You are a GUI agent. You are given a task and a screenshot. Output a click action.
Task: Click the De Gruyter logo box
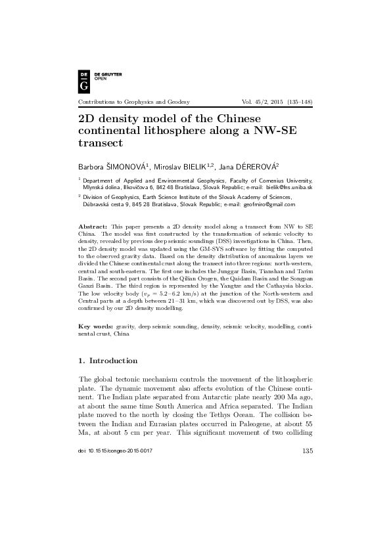click(83, 79)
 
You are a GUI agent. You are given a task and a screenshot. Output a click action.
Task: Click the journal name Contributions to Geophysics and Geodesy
click(134, 102)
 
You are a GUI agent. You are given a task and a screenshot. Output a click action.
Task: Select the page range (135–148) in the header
click(298, 102)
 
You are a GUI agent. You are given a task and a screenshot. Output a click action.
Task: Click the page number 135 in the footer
click(306, 524)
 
